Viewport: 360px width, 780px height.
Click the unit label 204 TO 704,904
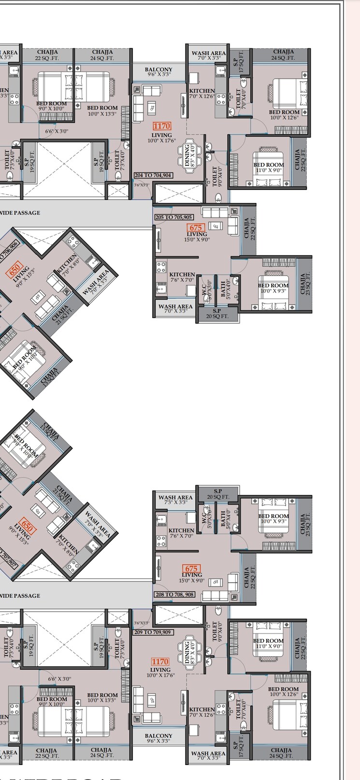click(x=153, y=175)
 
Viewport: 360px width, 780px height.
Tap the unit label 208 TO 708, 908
click(x=174, y=594)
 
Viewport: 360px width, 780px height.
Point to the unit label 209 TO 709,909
click(x=153, y=632)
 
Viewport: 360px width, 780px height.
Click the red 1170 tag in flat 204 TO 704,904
click(x=162, y=126)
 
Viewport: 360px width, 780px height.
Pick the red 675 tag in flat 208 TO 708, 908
click(x=192, y=568)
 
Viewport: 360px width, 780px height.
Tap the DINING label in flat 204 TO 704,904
click(x=187, y=156)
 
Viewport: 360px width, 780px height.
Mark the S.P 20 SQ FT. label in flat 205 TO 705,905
click(x=216, y=313)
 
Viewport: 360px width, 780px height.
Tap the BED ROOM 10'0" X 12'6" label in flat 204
click(x=284, y=115)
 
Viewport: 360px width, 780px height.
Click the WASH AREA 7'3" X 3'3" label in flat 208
click(x=175, y=499)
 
